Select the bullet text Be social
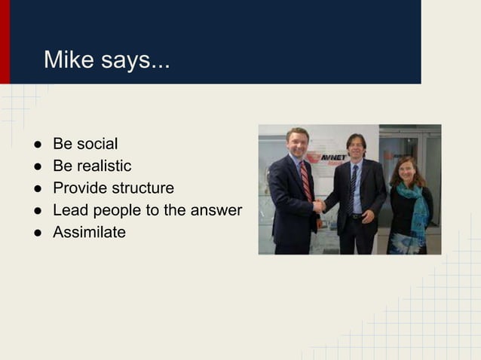click(84, 143)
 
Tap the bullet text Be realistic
click(91, 166)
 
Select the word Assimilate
click(89, 232)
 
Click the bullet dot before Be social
click(36, 144)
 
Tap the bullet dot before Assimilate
click(36, 233)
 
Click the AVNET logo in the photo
click(332, 158)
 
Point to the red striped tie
click(305, 182)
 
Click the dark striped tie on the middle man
click(354, 185)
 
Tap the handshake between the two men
click(320, 206)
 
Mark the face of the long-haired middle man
click(355, 147)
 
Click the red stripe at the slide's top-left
click(5, 41)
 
